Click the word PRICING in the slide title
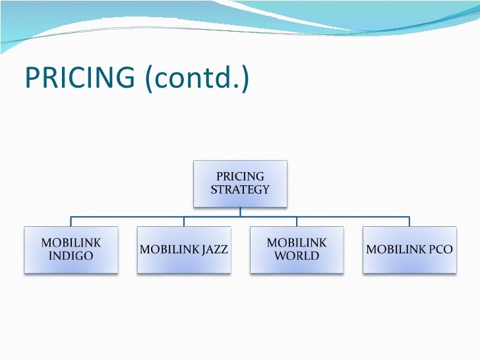[x=78, y=78]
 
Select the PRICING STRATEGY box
[x=240, y=183]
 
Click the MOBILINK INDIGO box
[x=71, y=249]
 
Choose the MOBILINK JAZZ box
[x=184, y=249]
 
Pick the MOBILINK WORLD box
[x=296, y=249]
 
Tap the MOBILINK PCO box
[x=409, y=249]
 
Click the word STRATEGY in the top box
[x=240, y=190]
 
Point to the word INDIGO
[x=71, y=256]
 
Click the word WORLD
[x=296, y=256]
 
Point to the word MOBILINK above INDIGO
[x=71, y=243]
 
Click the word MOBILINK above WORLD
[x=296, y=243]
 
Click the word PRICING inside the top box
[x=240, y=177]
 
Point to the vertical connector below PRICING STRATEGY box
[x=240, y=211]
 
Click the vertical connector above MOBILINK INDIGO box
[x=71, y=222]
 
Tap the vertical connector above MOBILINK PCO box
[x=409, y=222]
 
